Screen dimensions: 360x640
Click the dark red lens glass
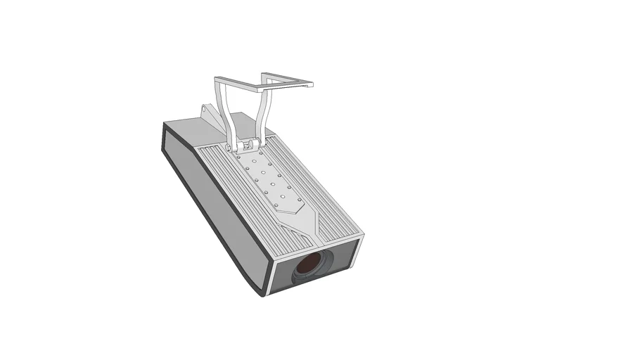coord(309,265)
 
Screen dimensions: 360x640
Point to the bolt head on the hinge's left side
coord(230,146)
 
